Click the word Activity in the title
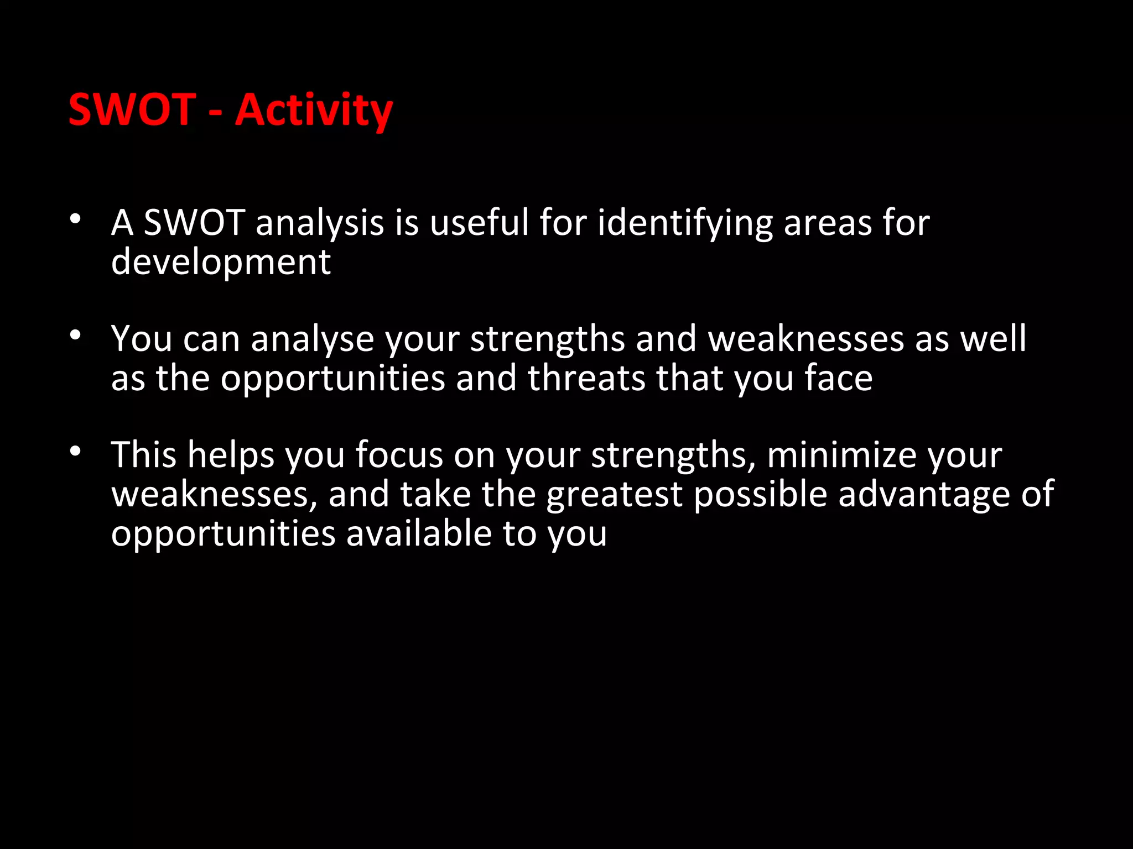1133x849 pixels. [314, 111]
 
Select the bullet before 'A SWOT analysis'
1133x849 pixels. [76, 219]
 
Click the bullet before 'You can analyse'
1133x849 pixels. [76, 335]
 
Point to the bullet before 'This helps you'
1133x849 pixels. [76, 452]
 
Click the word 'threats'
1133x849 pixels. [586, 378]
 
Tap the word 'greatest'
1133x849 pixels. [614, 495]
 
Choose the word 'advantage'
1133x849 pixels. [924, 495]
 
